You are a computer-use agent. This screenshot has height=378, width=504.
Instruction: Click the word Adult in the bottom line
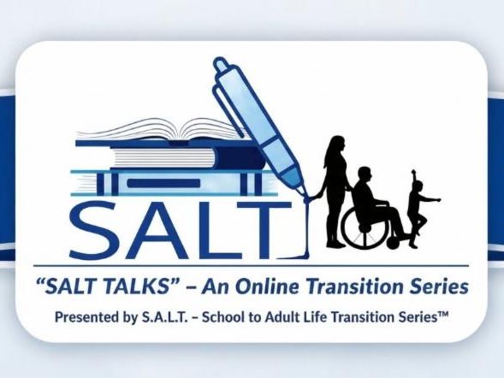(x=279, y=317)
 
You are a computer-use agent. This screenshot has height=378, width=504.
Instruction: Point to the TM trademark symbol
(x=442, y=315)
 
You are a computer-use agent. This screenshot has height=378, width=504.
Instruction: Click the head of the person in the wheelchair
(x=365, y=175)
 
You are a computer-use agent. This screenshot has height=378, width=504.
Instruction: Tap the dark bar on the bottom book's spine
(x=163, y=183)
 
